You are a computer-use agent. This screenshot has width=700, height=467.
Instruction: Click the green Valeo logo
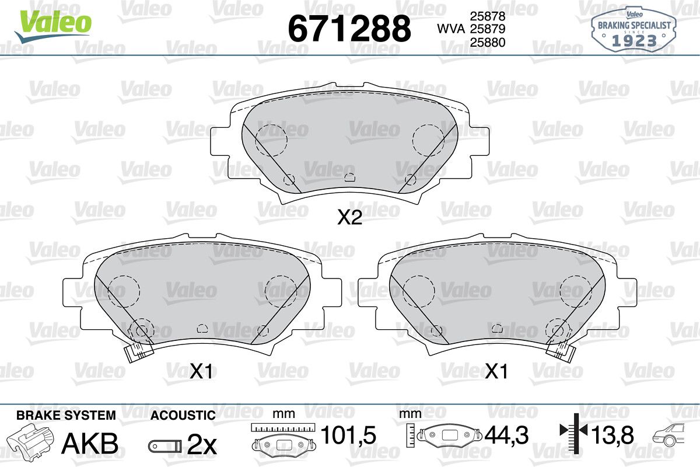click(x=53, y=26)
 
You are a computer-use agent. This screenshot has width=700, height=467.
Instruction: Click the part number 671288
click(x=349, y=29)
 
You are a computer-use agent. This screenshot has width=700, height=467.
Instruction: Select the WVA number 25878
click(x=488, y=16)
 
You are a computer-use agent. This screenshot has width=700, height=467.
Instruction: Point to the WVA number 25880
click(x=488, y=42)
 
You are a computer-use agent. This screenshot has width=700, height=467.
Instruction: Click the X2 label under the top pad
click(x=349, y=217)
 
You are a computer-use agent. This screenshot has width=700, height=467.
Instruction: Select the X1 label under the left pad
click(x=201, y=371)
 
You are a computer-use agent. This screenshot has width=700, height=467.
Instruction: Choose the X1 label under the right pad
click(x=496, y=371)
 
